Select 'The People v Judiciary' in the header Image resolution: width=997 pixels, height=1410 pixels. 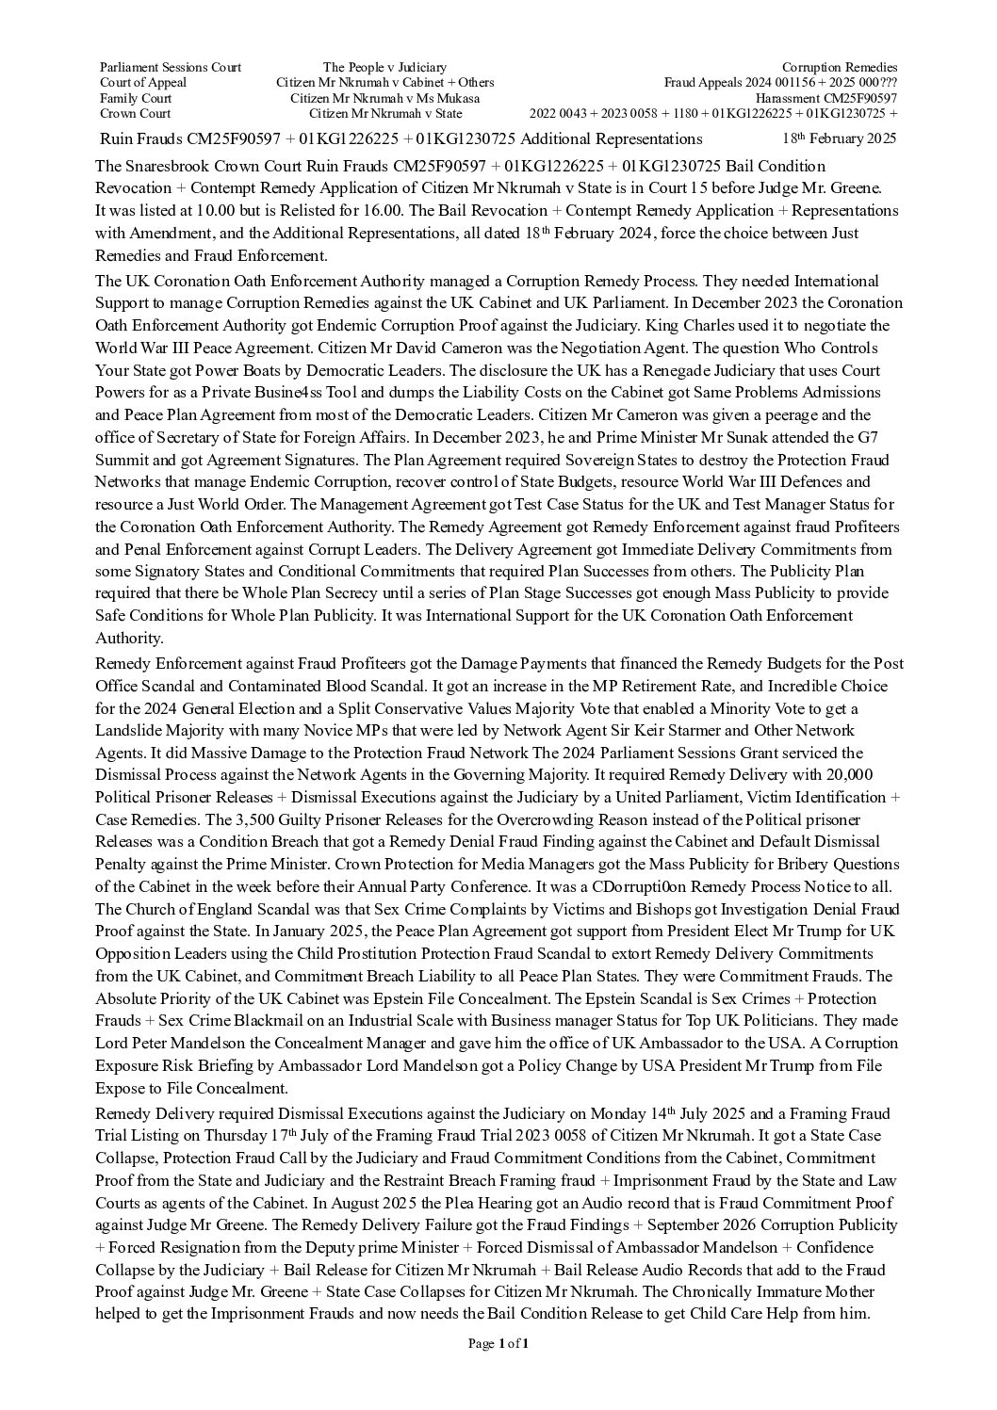pyautogui.click(x=384, y=67)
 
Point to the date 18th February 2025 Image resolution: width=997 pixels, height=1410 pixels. pyautogui.click(x=840, y=138)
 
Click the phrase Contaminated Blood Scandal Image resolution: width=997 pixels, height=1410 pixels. pyautogui.click(x=273, y=686)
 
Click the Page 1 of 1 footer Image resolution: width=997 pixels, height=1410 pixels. pyautogui.click(x=498, y=1344)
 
